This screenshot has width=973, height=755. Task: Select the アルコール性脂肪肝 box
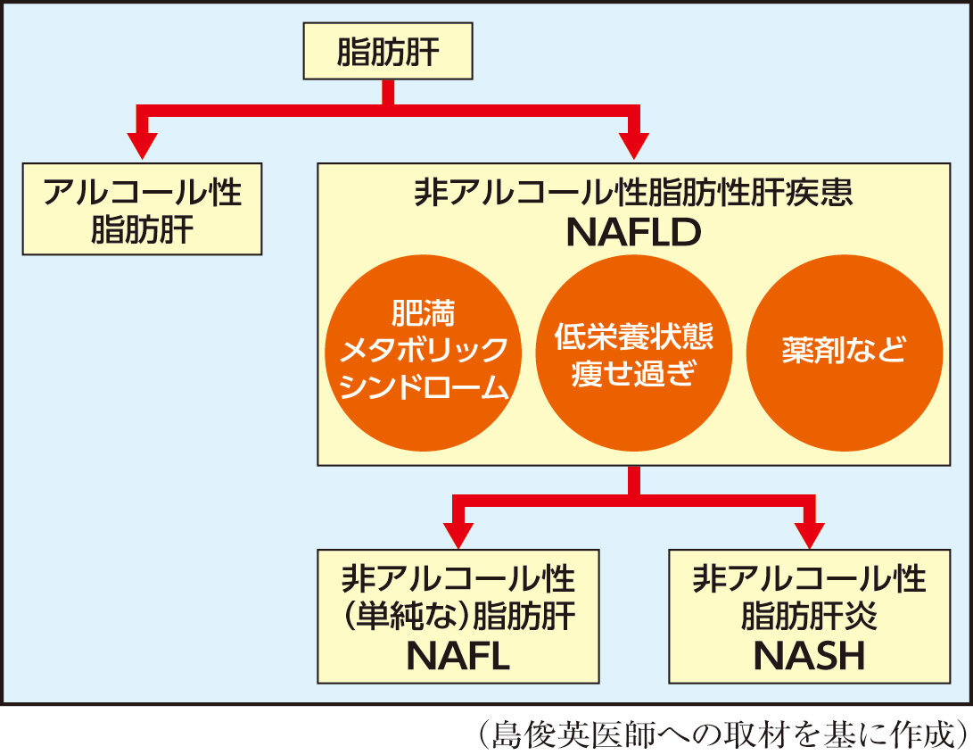143,209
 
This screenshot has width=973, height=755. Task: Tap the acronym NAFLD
633,234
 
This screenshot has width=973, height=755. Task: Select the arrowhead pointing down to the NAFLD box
633,145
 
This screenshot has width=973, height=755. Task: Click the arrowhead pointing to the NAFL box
458,534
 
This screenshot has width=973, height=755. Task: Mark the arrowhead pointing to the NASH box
809,534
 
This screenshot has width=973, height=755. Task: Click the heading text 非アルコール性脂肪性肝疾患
633,194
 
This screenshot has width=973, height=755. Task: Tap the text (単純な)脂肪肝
458,618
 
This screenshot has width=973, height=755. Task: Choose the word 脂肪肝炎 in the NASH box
809,618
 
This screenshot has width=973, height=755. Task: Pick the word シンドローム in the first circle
424,389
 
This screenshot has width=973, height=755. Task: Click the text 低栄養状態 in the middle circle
633,337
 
